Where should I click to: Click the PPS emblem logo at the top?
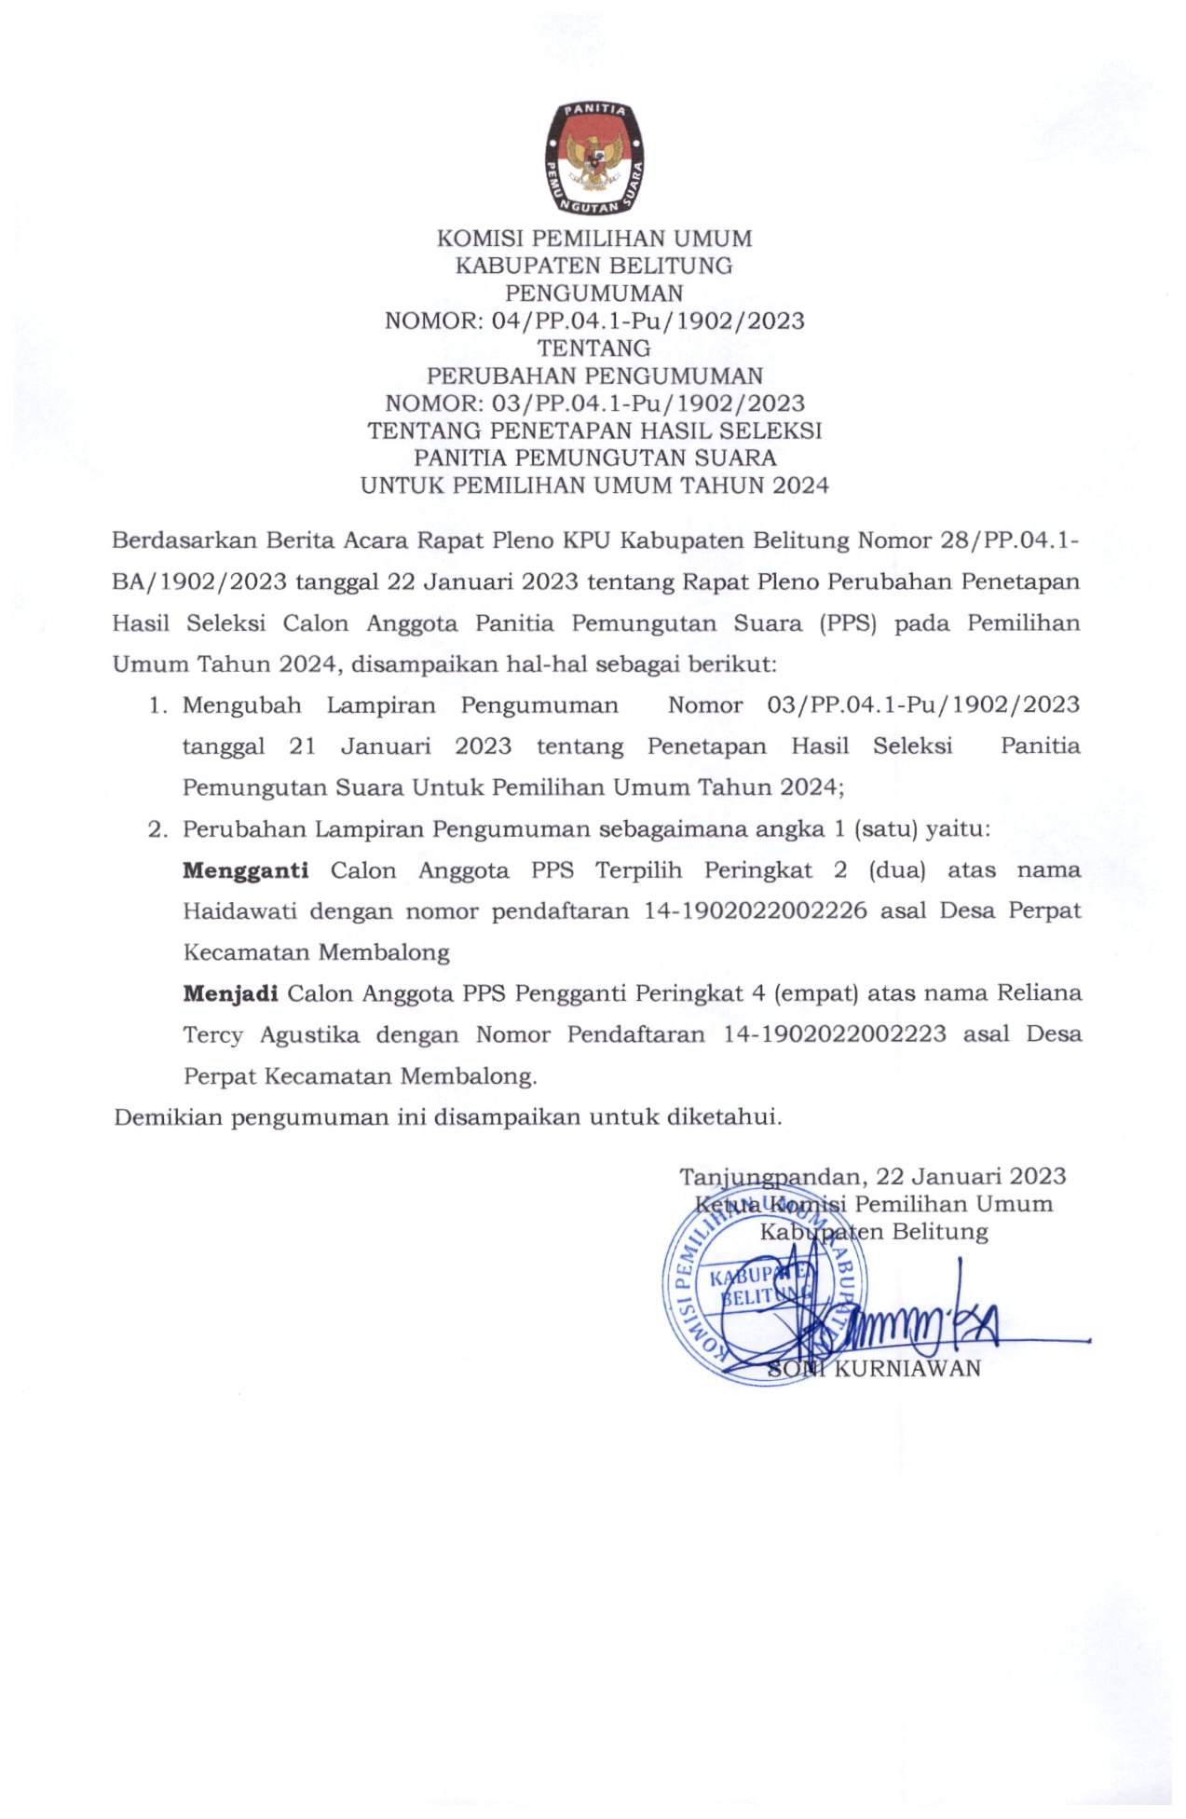[593, 157]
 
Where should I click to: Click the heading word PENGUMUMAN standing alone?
[593, 294]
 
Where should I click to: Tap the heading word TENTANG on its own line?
[593, 349]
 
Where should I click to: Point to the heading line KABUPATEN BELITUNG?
[593, 267]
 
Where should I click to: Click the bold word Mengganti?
[245, 871]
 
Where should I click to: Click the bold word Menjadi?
[230, 993]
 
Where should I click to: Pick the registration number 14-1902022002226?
[755, 911]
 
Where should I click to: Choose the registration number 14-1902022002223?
[834, 1034]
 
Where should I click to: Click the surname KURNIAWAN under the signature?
[907, 1369]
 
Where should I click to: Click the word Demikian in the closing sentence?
[167, 1117]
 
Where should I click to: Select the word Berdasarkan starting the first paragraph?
[183, 541]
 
